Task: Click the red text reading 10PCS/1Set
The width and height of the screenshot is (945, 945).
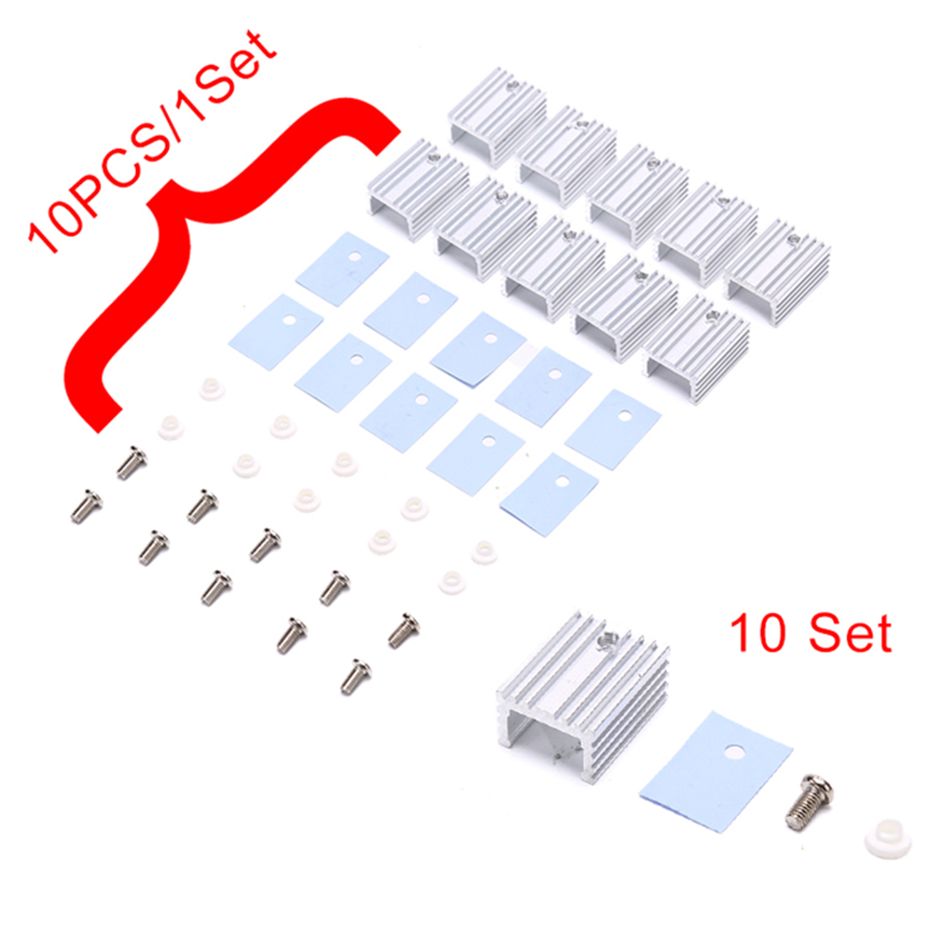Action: tap(151, 141)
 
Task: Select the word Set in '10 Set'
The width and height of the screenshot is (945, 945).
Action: tap(850, 633)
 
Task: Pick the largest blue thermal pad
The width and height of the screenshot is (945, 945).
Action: tap(716, 772)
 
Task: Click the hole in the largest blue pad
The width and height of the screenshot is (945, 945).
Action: tap(735, 753)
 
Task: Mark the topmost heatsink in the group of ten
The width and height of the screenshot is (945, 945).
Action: tap(498, 116)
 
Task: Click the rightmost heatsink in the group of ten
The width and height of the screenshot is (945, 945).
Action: tap(777, 274)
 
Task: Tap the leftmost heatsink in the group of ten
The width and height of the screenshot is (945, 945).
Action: tap(419, 190)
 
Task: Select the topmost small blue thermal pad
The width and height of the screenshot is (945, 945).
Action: tap(342, 269)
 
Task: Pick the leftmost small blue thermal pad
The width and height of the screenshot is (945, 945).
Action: tap(275, 331)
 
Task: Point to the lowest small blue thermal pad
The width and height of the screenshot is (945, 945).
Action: tap(549, 494)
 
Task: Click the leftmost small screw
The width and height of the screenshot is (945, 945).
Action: tap(86, 506)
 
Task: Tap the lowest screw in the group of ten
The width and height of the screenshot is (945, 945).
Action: tap(356, 676)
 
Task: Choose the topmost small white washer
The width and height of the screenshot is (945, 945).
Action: tap(212, 389)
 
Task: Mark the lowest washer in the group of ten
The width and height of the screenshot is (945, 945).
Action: tap(451, 582)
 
